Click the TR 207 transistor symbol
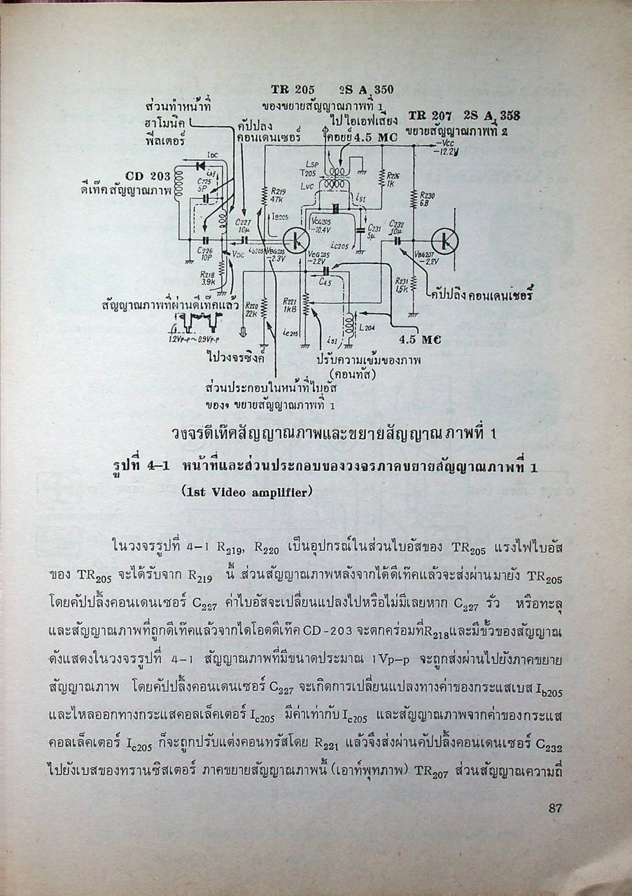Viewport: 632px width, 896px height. coord(446,241)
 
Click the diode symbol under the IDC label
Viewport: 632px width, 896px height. coord(202,167)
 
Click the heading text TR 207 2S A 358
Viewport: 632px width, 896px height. coord(464,115)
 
